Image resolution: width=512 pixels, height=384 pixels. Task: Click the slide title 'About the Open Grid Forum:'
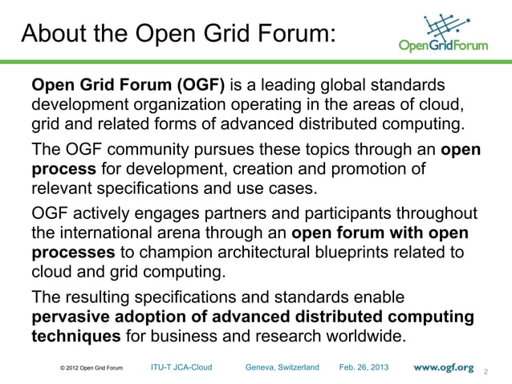pos(177,34)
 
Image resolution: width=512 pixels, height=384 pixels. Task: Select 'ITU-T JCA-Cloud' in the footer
pos(181,367)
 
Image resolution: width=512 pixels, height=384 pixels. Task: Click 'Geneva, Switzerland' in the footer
pos(282,367)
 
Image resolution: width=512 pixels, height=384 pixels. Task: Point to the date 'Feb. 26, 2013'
pos(364,367)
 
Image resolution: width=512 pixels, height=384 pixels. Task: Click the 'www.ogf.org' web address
pos(444,367)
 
